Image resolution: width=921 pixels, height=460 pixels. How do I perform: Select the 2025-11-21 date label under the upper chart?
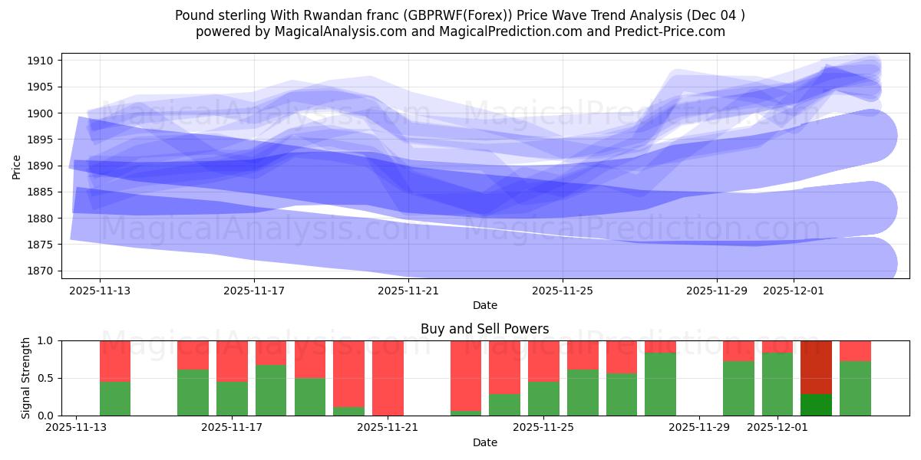point(408,291)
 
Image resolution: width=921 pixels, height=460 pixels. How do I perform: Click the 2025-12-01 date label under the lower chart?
point(778,427)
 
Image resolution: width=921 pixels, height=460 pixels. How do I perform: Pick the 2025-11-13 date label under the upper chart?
point(100,291)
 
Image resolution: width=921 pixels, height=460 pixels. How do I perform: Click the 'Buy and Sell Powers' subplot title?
point(484,329)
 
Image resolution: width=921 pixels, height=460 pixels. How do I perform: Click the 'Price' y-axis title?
point(17,166)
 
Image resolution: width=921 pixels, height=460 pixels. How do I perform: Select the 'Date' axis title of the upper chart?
point(484,305)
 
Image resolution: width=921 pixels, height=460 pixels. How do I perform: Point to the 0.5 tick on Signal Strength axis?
point(45,378)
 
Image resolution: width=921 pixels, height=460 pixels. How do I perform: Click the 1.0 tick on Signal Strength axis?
point(45,340)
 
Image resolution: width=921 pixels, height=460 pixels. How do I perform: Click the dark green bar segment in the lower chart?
point(816,405)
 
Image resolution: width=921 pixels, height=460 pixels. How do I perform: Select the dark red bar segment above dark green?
point(816,367)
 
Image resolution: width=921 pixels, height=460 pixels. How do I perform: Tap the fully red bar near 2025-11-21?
point(388,378)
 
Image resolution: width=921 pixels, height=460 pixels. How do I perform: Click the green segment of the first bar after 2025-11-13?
point(115,399)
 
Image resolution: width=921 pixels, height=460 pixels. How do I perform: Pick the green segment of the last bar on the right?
point(855,389)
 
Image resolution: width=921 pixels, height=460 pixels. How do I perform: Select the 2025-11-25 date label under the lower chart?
point(543,427)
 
